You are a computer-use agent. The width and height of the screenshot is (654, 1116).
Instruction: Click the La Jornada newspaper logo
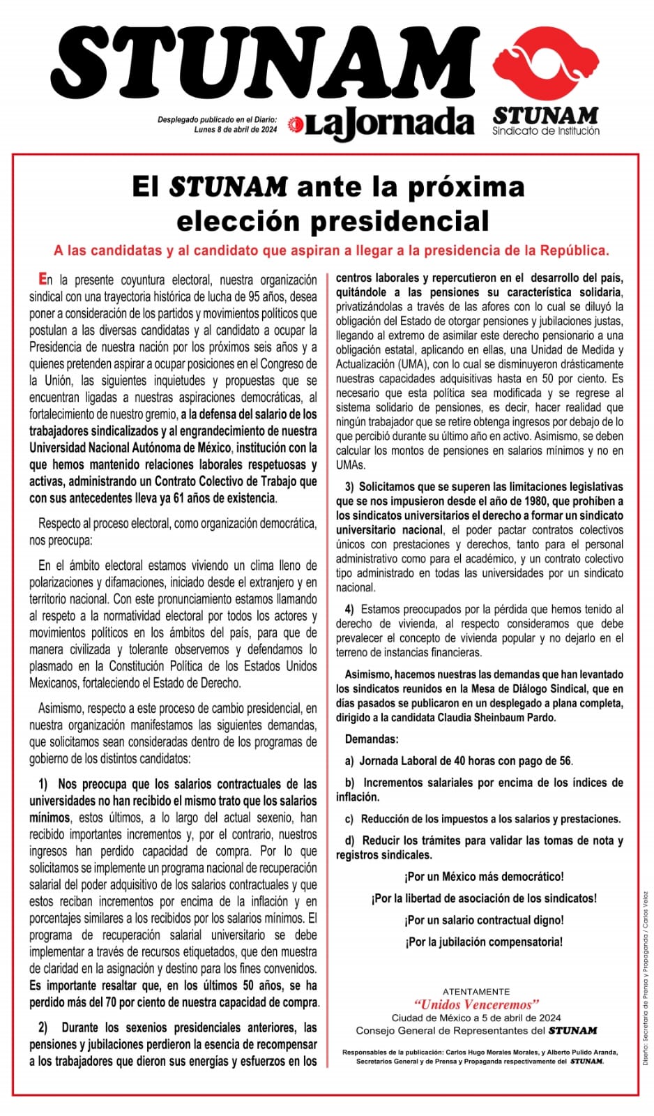(382, 124)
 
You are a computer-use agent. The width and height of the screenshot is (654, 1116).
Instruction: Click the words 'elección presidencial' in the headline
(333, 221)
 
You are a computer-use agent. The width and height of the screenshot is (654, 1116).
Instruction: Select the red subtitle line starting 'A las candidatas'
(332, 250)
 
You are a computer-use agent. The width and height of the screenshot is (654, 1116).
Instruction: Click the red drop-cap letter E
(43, 279)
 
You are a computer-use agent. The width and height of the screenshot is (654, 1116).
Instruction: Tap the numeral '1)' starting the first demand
(43, 784)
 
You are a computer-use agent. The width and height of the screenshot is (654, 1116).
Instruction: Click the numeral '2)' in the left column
(43, 1027)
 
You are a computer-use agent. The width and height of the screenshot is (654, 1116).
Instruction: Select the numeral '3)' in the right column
(349, 486)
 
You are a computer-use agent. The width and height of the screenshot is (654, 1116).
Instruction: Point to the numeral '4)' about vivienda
(349, 609)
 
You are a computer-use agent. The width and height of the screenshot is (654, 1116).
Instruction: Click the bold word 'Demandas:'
(372, 739)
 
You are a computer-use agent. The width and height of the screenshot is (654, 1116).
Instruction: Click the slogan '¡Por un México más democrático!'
(484, 876)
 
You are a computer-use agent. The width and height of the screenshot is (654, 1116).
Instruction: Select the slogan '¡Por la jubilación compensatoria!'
(484, 942)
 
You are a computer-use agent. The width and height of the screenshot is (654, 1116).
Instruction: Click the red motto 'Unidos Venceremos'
(476, 1004)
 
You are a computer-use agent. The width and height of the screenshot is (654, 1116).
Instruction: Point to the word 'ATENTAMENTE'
(476, 991)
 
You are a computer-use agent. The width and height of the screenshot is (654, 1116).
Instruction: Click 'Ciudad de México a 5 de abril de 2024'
(476, 1018)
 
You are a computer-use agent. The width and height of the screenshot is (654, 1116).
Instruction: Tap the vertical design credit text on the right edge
(646, 976)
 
